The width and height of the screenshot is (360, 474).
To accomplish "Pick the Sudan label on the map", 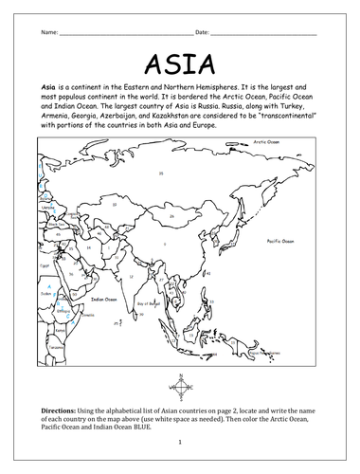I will click(45, 293).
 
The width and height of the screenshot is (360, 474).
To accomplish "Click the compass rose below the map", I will click(181, 387).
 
